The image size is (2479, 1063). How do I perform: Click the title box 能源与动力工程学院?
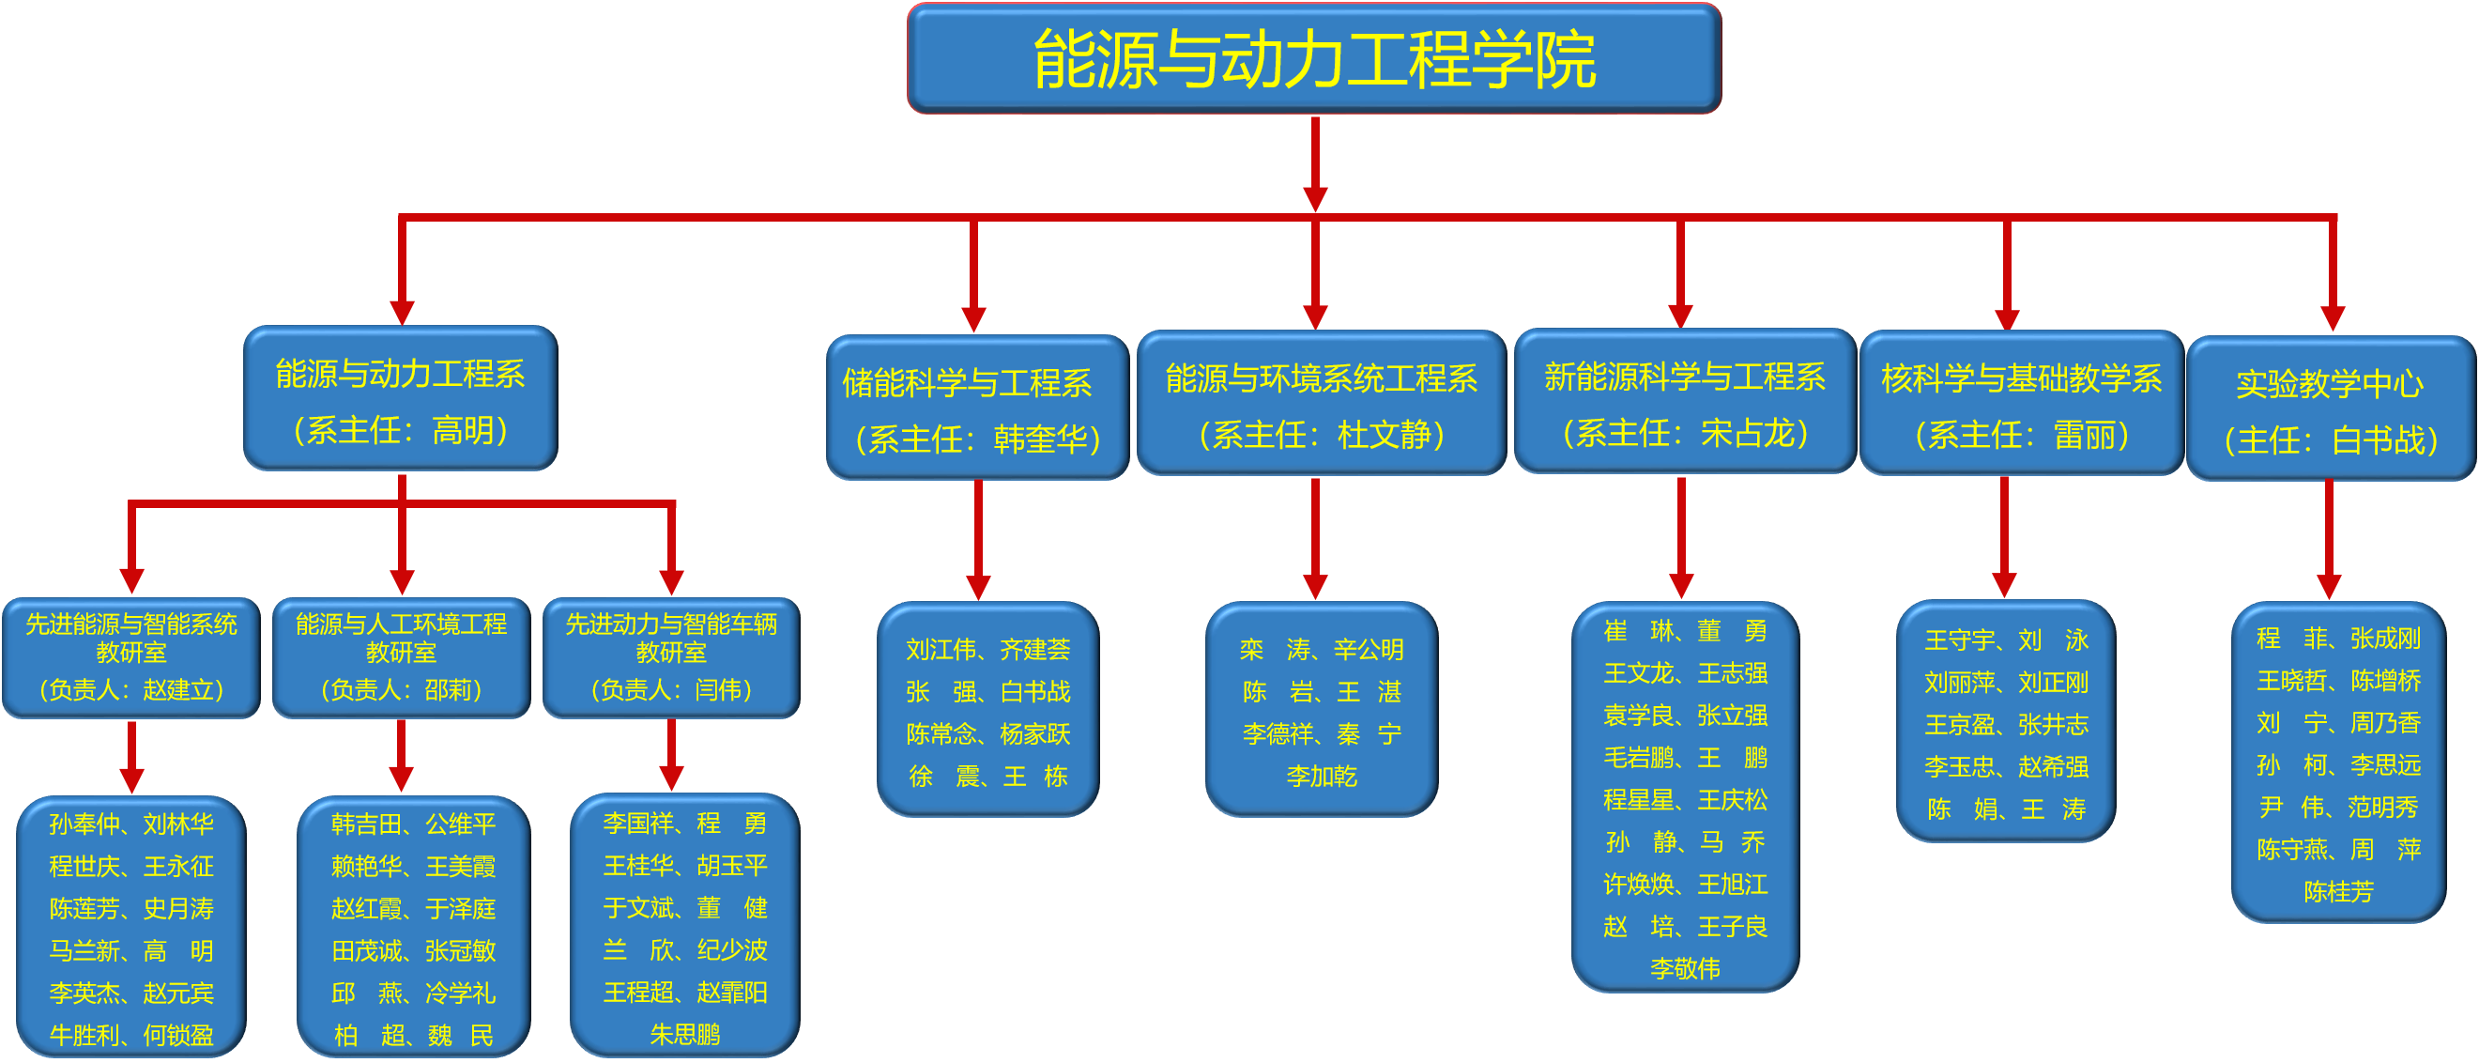tap(1313, 58)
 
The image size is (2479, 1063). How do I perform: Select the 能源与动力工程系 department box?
tap(400, 398)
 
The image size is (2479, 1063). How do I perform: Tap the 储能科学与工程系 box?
tap(976, 408)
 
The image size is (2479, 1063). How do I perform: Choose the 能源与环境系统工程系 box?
tap(1321, 404)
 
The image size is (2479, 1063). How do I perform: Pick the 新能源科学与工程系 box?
tap(1684, 403)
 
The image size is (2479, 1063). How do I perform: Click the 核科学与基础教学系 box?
tap(2020, 404)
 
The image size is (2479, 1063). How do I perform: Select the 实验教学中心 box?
tap(2330, 409)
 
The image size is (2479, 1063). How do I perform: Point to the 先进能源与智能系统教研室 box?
tap(130, 657)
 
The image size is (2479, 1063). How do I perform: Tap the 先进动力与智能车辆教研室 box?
tap(671, 657)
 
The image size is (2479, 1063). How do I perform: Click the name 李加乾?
tap(1322, 776)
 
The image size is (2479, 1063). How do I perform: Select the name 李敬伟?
tap(1685, 969)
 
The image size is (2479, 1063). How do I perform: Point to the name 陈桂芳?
tap(2338, 891)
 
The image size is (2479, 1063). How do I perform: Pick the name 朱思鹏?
tap(685, 1034)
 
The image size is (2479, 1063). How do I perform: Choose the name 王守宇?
tap(1959, 640)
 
